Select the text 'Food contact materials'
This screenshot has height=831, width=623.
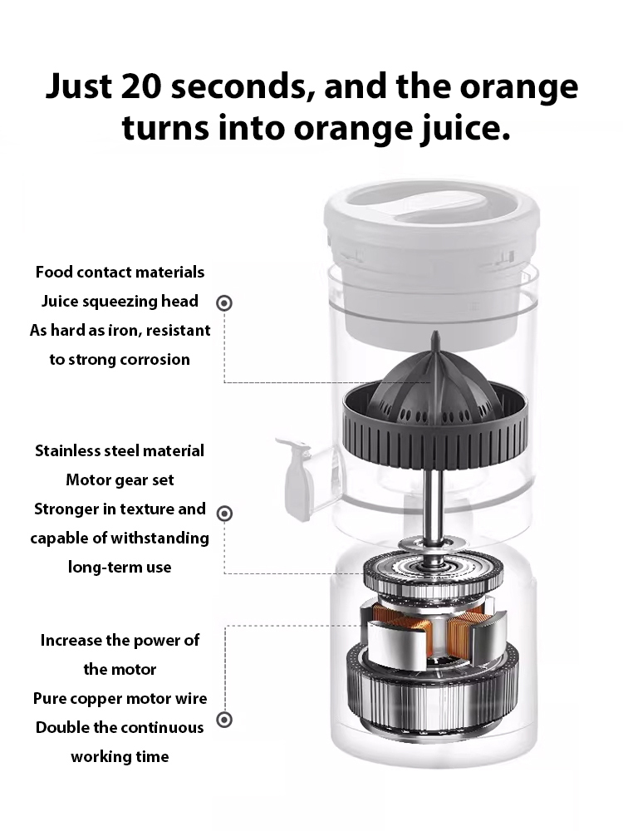[120, 272]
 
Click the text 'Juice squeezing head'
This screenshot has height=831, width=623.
[120, 301]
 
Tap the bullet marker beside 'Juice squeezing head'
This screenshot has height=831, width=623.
[223, 302]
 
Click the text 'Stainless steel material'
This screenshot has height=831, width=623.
[120, 450]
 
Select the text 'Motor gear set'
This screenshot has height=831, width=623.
[120, 479]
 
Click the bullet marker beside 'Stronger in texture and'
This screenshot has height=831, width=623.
[223, 513]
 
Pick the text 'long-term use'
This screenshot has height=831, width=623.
[120, 567]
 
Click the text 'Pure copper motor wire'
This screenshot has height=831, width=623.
[120, 698]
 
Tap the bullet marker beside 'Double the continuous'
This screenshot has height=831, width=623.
[223, 720]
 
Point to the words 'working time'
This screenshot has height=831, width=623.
[120, 756]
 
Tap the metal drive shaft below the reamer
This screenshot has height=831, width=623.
[433, 499]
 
